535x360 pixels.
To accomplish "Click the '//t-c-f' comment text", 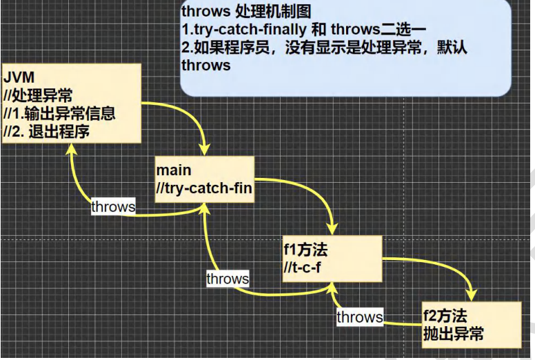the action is pos(302,267).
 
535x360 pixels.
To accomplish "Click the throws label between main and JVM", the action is pos(113,206).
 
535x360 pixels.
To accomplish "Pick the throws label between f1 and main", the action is pos(228,279).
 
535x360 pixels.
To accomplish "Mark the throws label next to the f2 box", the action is pos(359,317).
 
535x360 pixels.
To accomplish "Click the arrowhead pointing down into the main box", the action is pos(205,150).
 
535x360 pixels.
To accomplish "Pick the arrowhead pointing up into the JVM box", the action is pos(72,152).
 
